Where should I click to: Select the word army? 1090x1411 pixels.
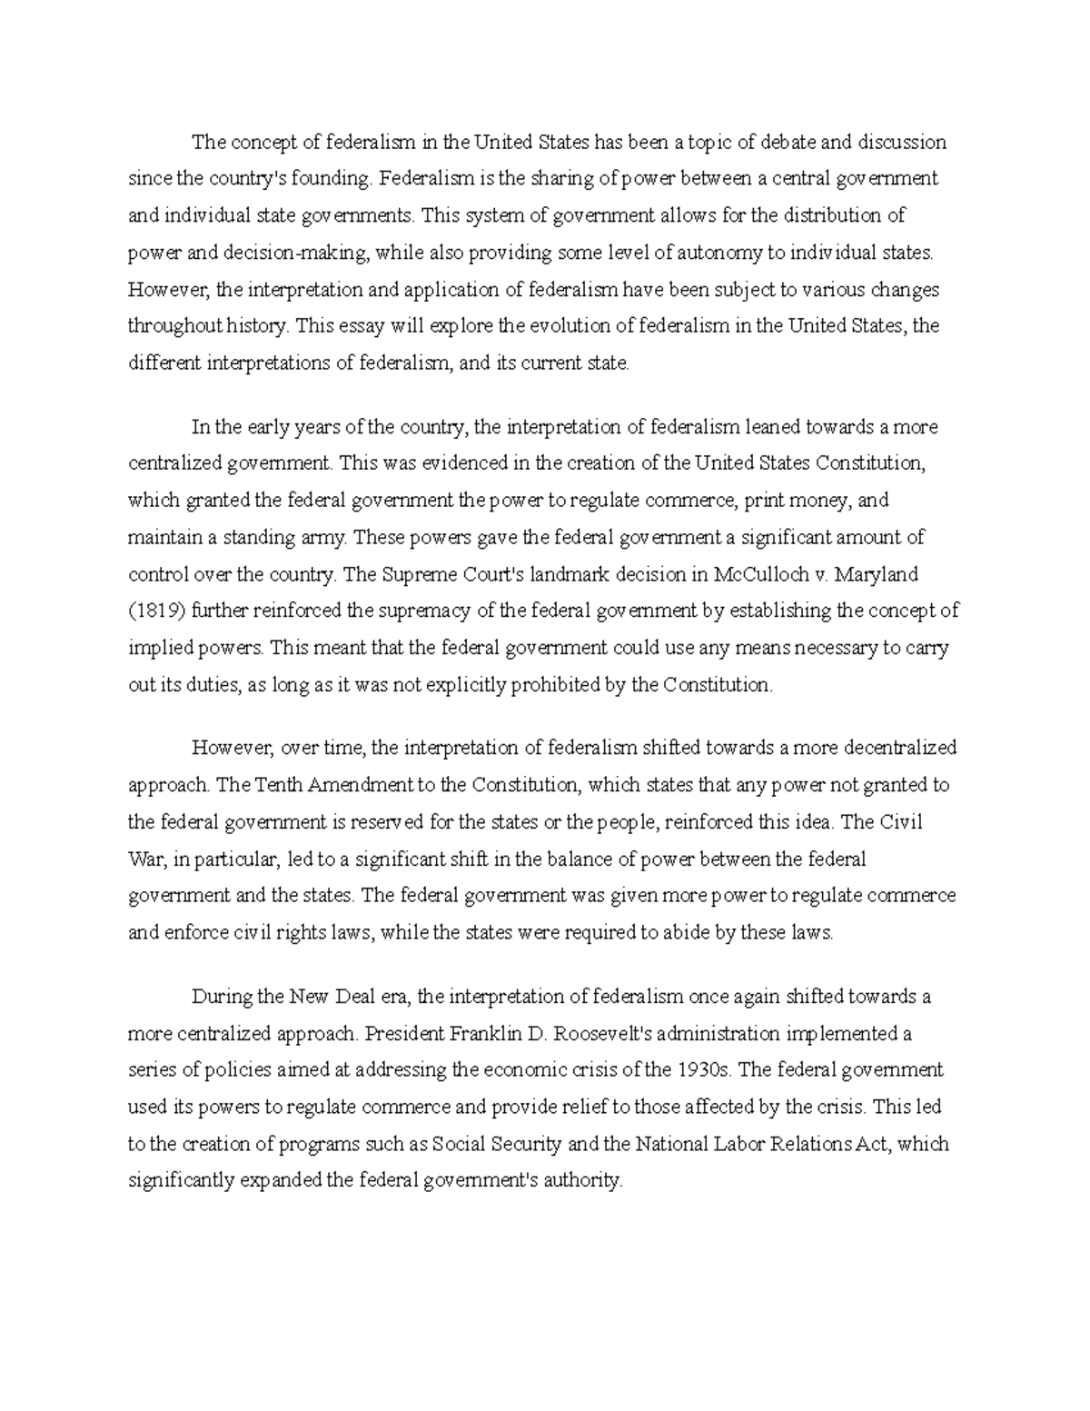(x=324, y=537)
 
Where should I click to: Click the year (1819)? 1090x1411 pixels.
(x=156, y=611)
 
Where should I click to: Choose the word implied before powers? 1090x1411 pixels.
(x=158, y=649)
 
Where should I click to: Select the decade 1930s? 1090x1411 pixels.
(x=704, y=1070)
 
